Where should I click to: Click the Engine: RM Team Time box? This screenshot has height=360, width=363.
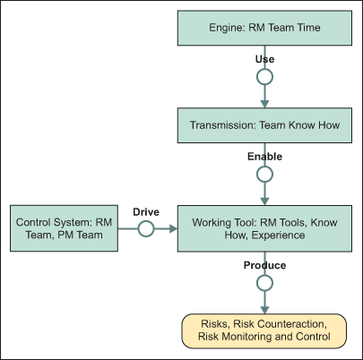click(x=264, y=28)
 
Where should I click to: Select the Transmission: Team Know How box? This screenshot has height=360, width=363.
click(x=264, y=125)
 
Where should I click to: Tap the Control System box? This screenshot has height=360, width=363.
click(x=64, y=228)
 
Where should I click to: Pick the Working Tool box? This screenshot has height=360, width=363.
click(x=264, y=228)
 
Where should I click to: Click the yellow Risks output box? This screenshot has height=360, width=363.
click(x=264, y=331)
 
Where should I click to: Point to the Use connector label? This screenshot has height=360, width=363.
click(x=264, y=59)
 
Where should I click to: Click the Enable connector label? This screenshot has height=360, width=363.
click(x=264, y=157)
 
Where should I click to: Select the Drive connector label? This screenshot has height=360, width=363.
click(x=146, y=212)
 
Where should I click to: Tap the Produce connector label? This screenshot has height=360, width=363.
click(x=264, y=265)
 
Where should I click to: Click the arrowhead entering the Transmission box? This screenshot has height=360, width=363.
click(x=264, y=104)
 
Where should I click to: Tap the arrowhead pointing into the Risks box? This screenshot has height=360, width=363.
click(x=264, y=310)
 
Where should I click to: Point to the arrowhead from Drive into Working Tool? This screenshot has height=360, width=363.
click(x=174, y=229)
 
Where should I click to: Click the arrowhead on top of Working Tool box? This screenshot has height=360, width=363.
click(x=264, y=201)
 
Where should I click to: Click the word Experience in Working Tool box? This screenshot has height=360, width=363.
click(x=278, y=236)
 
